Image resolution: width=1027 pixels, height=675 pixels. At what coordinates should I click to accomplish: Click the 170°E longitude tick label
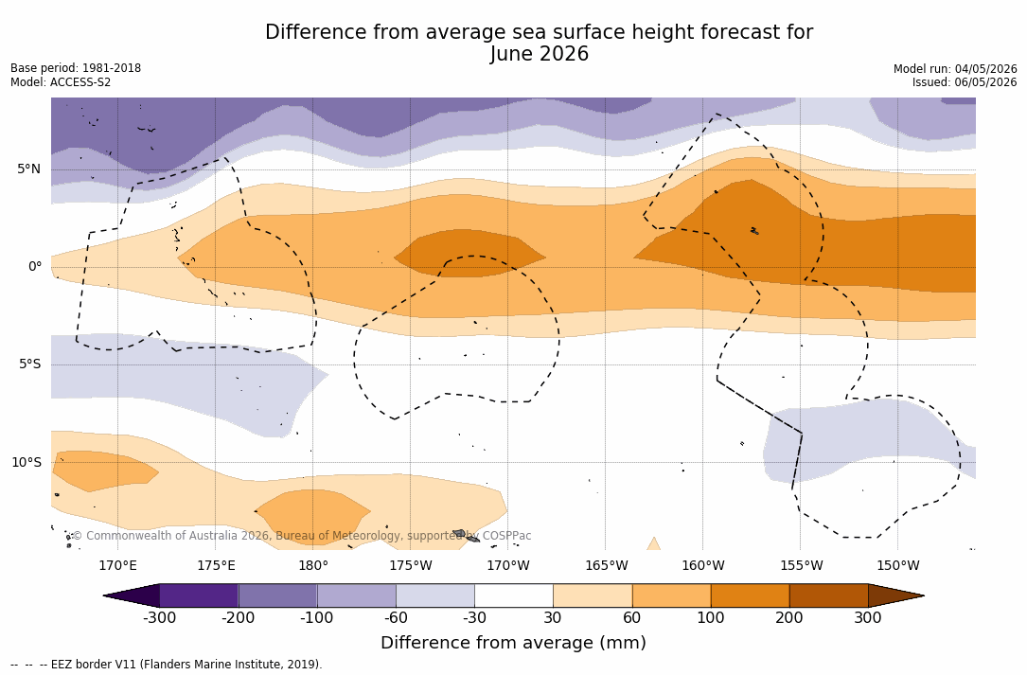pos(118,565)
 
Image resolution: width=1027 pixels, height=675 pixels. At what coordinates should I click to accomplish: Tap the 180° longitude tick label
pos(313,565)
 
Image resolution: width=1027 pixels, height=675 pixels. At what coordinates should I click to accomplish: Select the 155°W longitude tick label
pos(801,565)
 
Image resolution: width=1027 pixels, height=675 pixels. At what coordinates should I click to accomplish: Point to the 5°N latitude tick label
pos(28,169)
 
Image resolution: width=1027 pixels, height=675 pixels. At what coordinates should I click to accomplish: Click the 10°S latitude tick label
pos(27,463)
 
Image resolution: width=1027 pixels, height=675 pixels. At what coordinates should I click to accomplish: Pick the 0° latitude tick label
pos(35,267)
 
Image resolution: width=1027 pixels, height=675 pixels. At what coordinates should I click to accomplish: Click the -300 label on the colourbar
pos(159,618)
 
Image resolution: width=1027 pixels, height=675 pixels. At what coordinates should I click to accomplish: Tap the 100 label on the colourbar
pos(711,618)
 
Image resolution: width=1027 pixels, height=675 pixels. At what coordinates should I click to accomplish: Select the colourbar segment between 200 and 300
pos(828,595)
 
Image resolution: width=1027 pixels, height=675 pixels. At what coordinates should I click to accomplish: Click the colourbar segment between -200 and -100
pos(277,595)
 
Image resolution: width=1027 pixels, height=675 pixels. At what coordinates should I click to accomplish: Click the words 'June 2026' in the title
pos(539,54)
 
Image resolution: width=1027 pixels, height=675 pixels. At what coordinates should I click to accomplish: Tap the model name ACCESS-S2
pos(80,82)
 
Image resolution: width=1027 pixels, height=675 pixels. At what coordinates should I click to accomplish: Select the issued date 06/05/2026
pos(985,82)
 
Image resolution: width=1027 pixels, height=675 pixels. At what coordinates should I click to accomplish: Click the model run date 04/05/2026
pos(985,69)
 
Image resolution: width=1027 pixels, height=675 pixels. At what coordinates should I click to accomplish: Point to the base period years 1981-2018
pos(112,68)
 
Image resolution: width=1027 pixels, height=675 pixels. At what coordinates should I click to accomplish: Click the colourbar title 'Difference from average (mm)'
pos(513,642)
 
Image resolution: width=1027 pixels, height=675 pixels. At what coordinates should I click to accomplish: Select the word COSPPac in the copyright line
pos(505,536)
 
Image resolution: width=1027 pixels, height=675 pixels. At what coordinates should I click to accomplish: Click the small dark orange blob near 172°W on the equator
pos(469,254)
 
